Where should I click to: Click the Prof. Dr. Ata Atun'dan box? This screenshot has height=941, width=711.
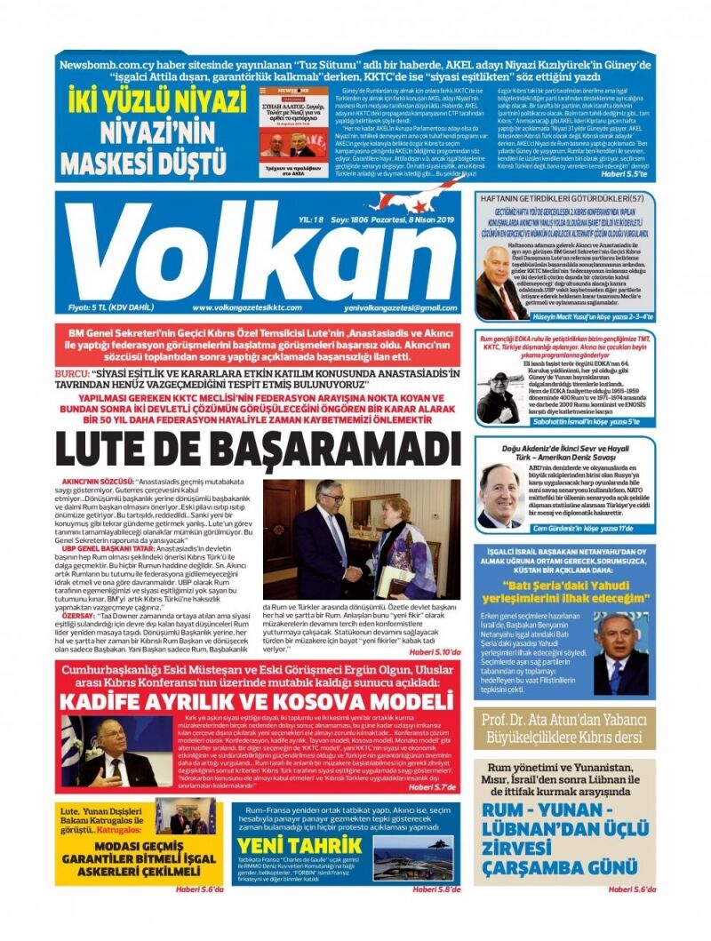(565, 728)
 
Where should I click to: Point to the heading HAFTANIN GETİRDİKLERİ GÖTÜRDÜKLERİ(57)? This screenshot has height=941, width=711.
(565, 197)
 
